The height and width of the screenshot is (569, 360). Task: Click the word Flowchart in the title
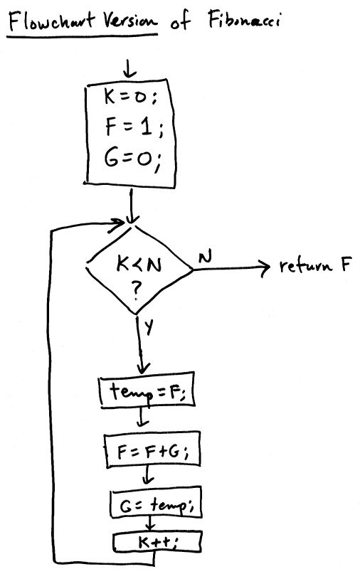click(x=51, y=21)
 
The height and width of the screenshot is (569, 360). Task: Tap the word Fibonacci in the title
click(x=244, y=19)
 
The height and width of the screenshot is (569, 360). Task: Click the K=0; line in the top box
click(x=131, y=97)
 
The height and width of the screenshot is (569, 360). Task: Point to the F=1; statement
click(x=134, y=127)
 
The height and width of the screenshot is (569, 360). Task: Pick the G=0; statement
click(x=132, y=159)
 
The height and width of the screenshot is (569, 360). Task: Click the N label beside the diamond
click(x=205, y=257)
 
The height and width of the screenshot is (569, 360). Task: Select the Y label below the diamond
click(x=149, y=327)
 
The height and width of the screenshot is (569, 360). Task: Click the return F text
click(x=315, y=265)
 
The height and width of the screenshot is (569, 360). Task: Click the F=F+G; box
click(x=152, y=450)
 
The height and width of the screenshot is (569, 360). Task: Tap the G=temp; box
click(x=156, y=504)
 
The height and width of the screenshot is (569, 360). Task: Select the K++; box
click(x=157, y=542)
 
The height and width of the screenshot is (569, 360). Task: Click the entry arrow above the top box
click(x=129, y=68)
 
